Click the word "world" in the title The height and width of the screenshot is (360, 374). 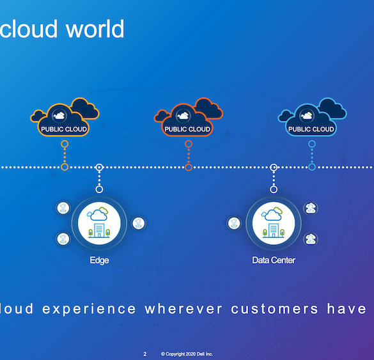(x=95, y=29)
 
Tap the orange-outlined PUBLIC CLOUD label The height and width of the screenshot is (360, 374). (x=64, y=129)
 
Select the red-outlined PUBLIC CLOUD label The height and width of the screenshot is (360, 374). (x=187, y=129)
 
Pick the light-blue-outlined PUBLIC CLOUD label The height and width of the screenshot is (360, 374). (x=311, y=129)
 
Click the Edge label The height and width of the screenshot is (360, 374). (x=99, y=260)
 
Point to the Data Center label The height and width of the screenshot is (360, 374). (x=274, y=260)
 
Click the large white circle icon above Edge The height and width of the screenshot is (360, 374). (x=99, y=223)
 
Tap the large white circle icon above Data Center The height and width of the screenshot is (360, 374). (x=274, y=223)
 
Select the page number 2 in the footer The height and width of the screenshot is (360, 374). (x=144, y=354)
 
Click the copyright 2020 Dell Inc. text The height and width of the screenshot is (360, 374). (x=187, y=354)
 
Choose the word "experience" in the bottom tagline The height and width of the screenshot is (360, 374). (x=89, y=309)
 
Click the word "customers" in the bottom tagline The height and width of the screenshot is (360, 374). (x=274, y=309)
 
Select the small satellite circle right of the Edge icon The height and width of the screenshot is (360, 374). (x=138, y=223)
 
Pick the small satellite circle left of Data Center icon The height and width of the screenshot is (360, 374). (x=234, y=223)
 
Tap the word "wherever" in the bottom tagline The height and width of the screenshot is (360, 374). (x=183, y=309)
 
